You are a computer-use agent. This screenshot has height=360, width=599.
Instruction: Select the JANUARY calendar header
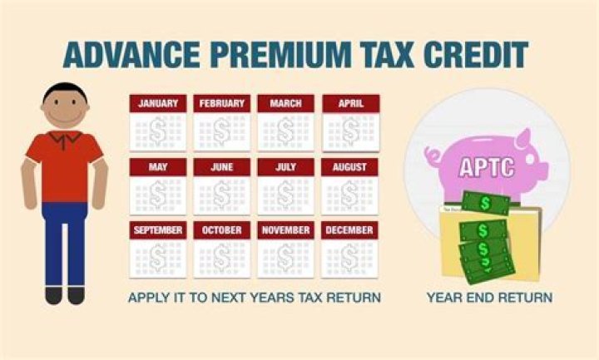(x=158, y=104)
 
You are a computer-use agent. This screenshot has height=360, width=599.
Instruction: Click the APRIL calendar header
(x=350, y=104)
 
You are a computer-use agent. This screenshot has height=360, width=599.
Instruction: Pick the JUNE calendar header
(x=222, y=167)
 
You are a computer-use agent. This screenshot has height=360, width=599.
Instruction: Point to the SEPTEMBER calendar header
(x=158, y=229)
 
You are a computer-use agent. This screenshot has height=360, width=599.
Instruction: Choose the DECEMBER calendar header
(x=350, y=229)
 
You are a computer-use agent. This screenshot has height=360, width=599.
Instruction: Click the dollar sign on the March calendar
(x=286, y=130)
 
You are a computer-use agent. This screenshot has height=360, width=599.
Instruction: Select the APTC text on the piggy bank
(x=486, y=165)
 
